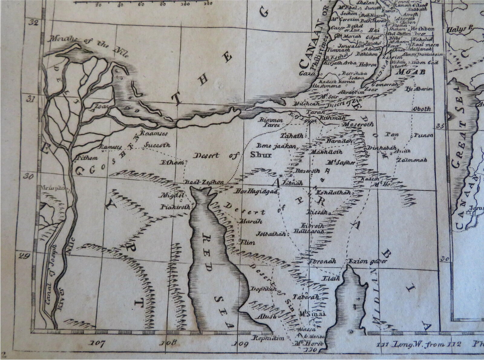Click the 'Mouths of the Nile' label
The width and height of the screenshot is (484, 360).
click(x=90, y=46)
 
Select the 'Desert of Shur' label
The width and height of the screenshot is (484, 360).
click(x=232, y=155)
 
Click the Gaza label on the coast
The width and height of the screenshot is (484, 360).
click(x=306, y=73)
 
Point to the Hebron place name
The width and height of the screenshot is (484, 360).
click(x=368, y=64)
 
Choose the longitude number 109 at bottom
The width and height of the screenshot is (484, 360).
click(x=241, y=344)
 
